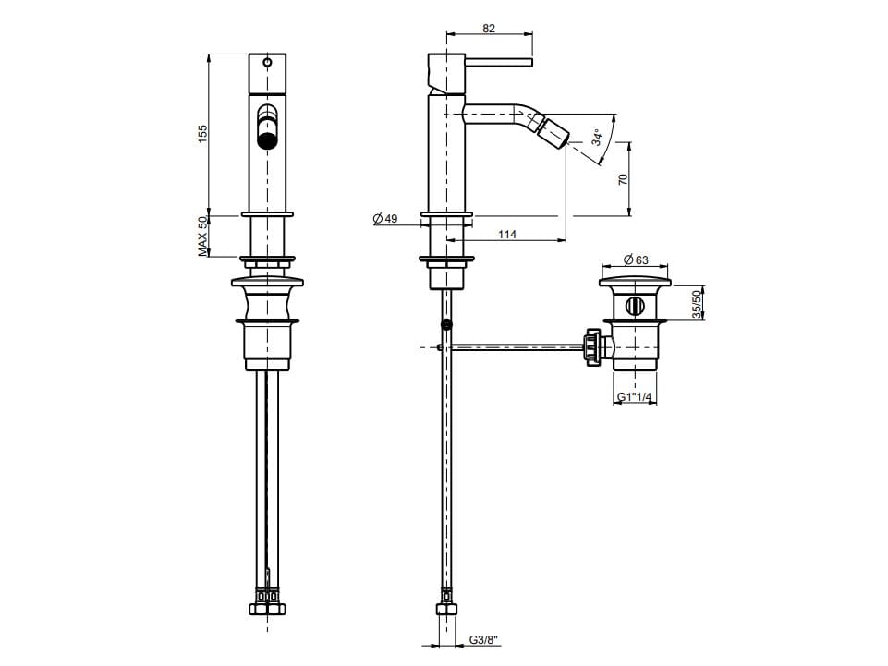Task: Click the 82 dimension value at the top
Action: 489,28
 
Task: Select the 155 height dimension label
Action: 203,134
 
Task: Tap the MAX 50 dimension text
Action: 203,236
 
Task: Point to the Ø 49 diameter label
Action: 385,219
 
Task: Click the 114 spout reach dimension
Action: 507,234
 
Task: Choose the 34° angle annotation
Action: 598,137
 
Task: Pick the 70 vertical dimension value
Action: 623,179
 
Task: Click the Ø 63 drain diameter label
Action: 636,260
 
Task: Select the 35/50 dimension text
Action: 697,304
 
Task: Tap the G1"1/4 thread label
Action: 634,397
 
